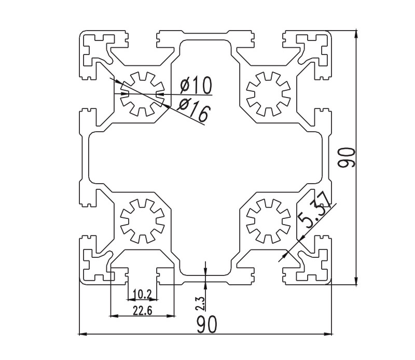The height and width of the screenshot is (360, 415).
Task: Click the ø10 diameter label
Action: (x=196, y=84)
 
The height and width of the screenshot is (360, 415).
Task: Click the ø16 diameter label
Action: (x=192, y=109)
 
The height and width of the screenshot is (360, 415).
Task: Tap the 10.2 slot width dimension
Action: (x=142, y=295)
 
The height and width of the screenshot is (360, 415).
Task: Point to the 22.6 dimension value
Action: (x=142, y=310)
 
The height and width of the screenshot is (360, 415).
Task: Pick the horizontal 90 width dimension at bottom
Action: (x=206, y=325)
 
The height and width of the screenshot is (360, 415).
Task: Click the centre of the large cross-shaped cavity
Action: (x=205, y=157)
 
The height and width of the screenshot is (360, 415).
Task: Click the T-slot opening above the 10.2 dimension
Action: (x=142, y=275)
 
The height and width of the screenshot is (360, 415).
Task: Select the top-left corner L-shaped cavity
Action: (x=96, y=49)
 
